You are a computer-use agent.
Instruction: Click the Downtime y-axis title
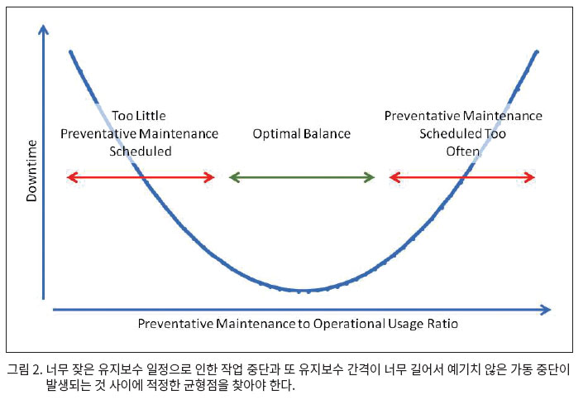click(32, 171)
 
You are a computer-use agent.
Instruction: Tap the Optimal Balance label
click(302, 133)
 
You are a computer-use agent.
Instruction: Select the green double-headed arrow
click(302, 177)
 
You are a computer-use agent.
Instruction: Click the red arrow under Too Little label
click(141, 177)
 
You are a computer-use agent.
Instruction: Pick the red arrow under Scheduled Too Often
click(462, 177)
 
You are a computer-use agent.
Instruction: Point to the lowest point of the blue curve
click(304, 291)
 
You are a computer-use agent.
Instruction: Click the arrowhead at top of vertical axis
click(44, 29)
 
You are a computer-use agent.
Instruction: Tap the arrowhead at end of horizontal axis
click(547, 310)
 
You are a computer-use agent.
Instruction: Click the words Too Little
click(139, 116)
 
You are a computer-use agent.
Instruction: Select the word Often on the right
click(463, 152)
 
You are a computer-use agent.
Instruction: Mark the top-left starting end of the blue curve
click(70, 52)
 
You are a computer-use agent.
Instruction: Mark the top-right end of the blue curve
click(537, 52)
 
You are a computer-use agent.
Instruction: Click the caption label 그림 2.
click(25, 369)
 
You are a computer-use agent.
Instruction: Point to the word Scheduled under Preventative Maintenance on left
click(141, 152)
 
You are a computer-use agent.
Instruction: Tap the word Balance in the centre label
click(327, 133)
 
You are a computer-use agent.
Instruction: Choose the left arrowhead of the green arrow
click(234, 177)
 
